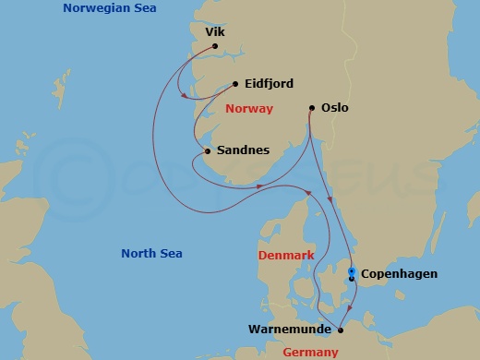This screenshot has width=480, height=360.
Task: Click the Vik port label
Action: point(214,31)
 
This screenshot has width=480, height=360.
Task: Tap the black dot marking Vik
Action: point(214,46)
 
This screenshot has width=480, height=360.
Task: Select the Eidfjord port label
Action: point(270,84)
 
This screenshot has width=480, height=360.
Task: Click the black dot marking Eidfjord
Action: point(235,84)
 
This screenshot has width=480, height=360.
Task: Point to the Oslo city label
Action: point(335,108)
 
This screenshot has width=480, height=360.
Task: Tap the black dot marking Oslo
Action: point(312,108)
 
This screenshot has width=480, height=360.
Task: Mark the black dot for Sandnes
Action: point(207,151)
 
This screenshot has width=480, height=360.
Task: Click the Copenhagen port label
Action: point(400,274)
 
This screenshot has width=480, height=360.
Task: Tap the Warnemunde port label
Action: point(289,329)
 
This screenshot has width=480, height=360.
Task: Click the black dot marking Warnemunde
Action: point(341,329)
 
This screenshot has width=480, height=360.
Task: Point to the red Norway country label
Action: point(249,109)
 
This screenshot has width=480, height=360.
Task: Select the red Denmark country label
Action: point(286,255)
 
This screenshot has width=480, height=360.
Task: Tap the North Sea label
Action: point(152,254)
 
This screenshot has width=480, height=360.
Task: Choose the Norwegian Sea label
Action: point(109,8)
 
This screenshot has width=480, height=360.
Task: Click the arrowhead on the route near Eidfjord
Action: point(188,96)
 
